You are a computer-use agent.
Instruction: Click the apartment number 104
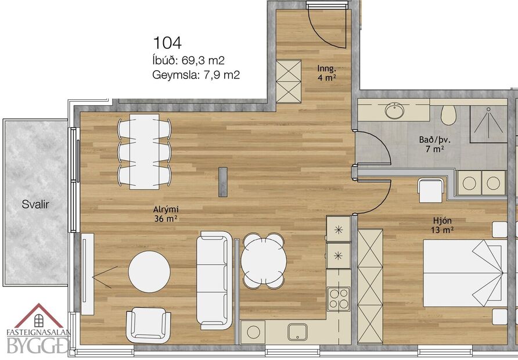[167, 42]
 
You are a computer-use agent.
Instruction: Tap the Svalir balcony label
[35, 204]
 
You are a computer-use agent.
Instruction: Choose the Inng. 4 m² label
[327, 72]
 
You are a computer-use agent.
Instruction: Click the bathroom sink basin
[396, 110]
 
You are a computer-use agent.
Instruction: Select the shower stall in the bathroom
[488, 124]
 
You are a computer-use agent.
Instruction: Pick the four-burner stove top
[339, 298]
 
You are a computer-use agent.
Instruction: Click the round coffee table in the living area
[149, 272]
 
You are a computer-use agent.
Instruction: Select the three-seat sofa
[214, 280]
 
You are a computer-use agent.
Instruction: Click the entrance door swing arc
[329, 29]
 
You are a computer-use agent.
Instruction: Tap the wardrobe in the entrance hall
[288, 81]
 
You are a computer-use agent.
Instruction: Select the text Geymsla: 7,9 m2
[196, 74]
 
